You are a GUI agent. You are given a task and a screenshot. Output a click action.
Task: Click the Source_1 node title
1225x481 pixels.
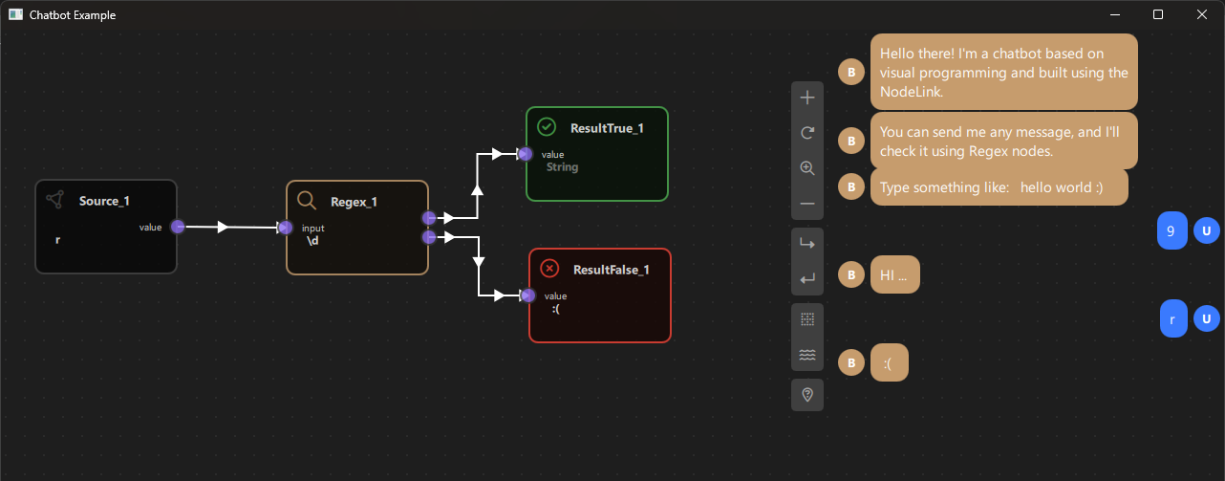click(104, 201)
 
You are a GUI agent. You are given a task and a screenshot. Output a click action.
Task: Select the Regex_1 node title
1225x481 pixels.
click(354, 202)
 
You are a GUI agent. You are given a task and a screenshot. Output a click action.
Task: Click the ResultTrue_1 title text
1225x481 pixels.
click(607, 128)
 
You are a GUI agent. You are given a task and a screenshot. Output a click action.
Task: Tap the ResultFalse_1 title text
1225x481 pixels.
click(612, 270)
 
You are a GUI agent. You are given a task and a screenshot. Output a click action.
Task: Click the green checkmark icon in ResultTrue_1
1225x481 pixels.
click(547, 126)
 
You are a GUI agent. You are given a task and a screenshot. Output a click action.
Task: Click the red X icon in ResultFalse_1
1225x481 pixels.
click(549, 268)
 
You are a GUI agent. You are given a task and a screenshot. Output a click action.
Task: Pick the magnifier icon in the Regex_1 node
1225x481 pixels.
click(307, 200)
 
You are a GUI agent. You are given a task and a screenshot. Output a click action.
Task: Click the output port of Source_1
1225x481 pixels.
click(178, 227)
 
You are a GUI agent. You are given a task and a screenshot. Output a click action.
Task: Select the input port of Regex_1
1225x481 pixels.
click(285, 228)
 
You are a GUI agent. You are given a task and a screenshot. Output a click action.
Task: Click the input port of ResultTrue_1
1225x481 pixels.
click(525, 153)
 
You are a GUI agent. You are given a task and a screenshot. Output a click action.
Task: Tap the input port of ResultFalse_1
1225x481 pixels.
click(527, 295)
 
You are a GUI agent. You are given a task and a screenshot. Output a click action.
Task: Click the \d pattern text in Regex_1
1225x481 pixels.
click(312, 241)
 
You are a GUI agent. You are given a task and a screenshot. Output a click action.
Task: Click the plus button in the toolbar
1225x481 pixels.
click(807, 98)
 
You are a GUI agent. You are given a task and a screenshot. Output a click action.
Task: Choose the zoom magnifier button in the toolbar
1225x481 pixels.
click(807, 168)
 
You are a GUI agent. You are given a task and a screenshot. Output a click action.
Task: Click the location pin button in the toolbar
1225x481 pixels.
click(807, 395)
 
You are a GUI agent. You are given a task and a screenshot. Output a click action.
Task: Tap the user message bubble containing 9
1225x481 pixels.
click(1171, 230)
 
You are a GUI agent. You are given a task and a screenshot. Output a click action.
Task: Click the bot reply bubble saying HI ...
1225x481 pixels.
click(894, 275)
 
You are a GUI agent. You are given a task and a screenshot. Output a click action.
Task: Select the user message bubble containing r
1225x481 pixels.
click(1172, 318)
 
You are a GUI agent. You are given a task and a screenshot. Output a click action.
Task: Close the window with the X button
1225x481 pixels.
click(1202, 14)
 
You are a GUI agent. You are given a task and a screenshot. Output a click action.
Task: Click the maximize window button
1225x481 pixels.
click(1158, 14)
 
